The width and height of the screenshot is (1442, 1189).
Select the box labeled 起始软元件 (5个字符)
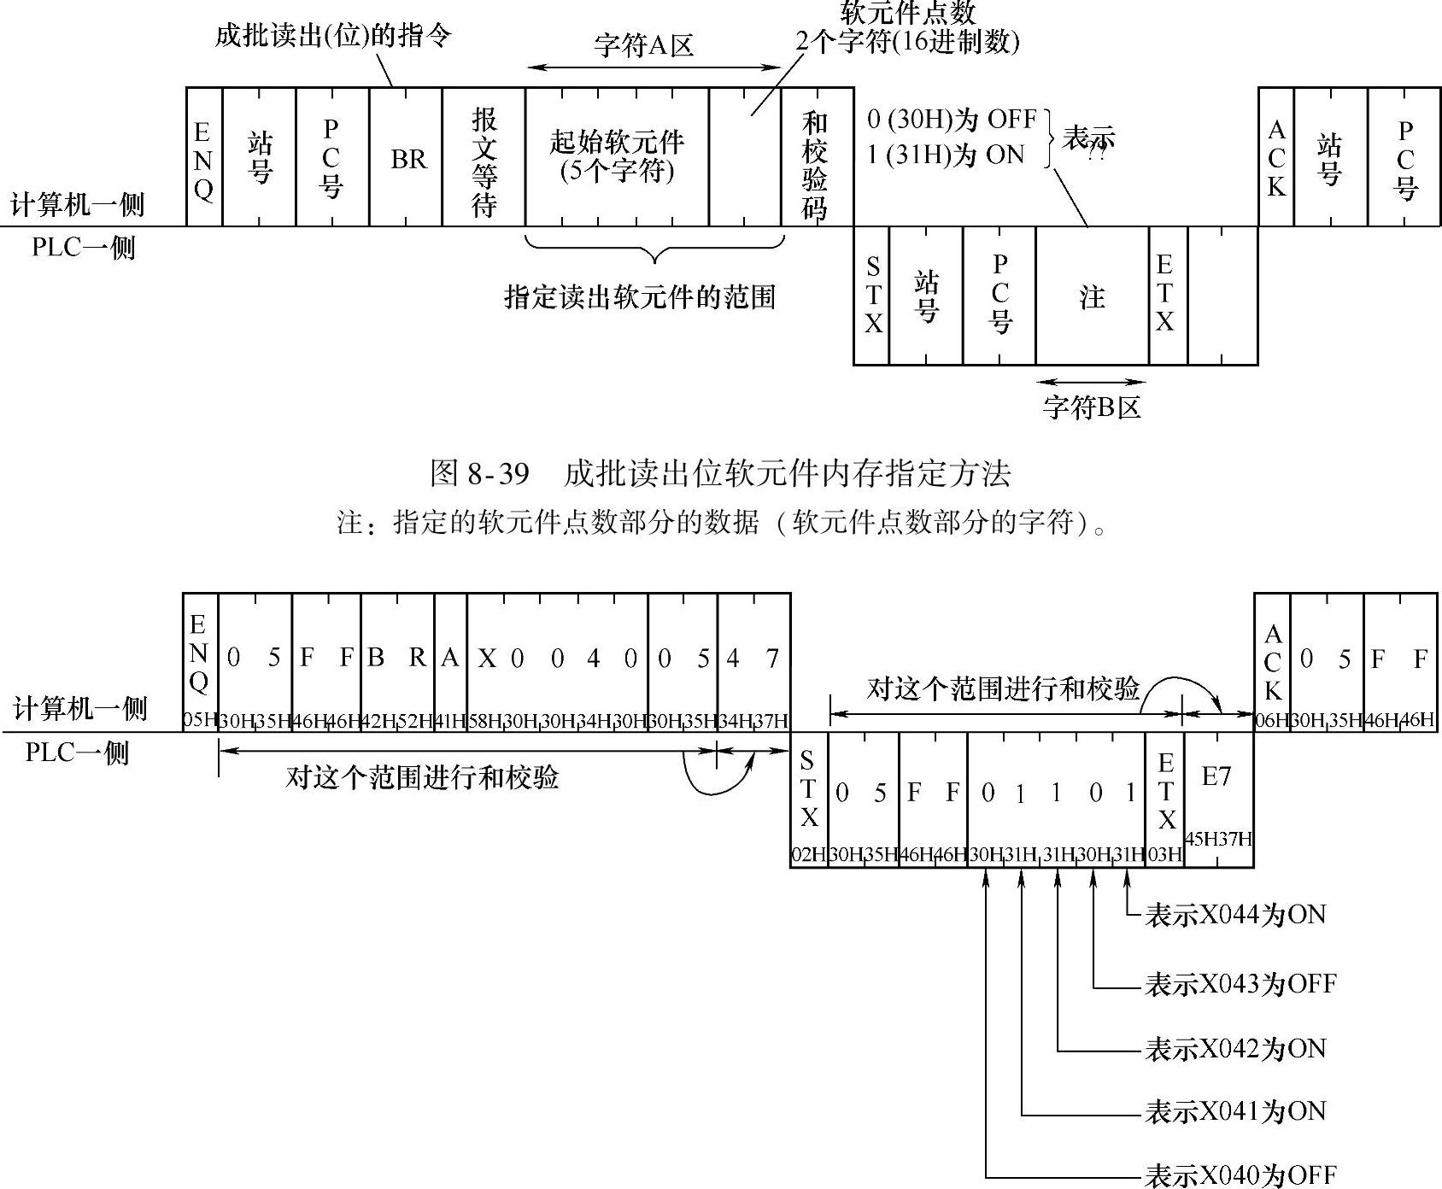point(617,156)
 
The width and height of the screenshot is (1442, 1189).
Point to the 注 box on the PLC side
point(1092,296)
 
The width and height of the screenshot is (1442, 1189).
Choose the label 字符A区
point(643,45)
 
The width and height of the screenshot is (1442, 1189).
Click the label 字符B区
point(1092,407)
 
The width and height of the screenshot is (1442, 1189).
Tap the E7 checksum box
point(1218,776)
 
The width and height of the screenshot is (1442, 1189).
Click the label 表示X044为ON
point(1235,915)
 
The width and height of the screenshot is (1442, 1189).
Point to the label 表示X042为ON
point(1235,1048)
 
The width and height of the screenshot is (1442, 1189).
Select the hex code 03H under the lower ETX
point(1164,854)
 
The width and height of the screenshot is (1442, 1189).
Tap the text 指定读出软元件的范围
point(640,297)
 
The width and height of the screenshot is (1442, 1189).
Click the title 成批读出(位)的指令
point(332,36)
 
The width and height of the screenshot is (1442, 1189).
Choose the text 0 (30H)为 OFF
point(951,119)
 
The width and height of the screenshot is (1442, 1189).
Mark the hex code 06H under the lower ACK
point(1271,720)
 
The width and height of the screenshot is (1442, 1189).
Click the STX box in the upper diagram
point(872,295)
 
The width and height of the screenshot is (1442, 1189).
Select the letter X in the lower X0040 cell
point(487,659)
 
